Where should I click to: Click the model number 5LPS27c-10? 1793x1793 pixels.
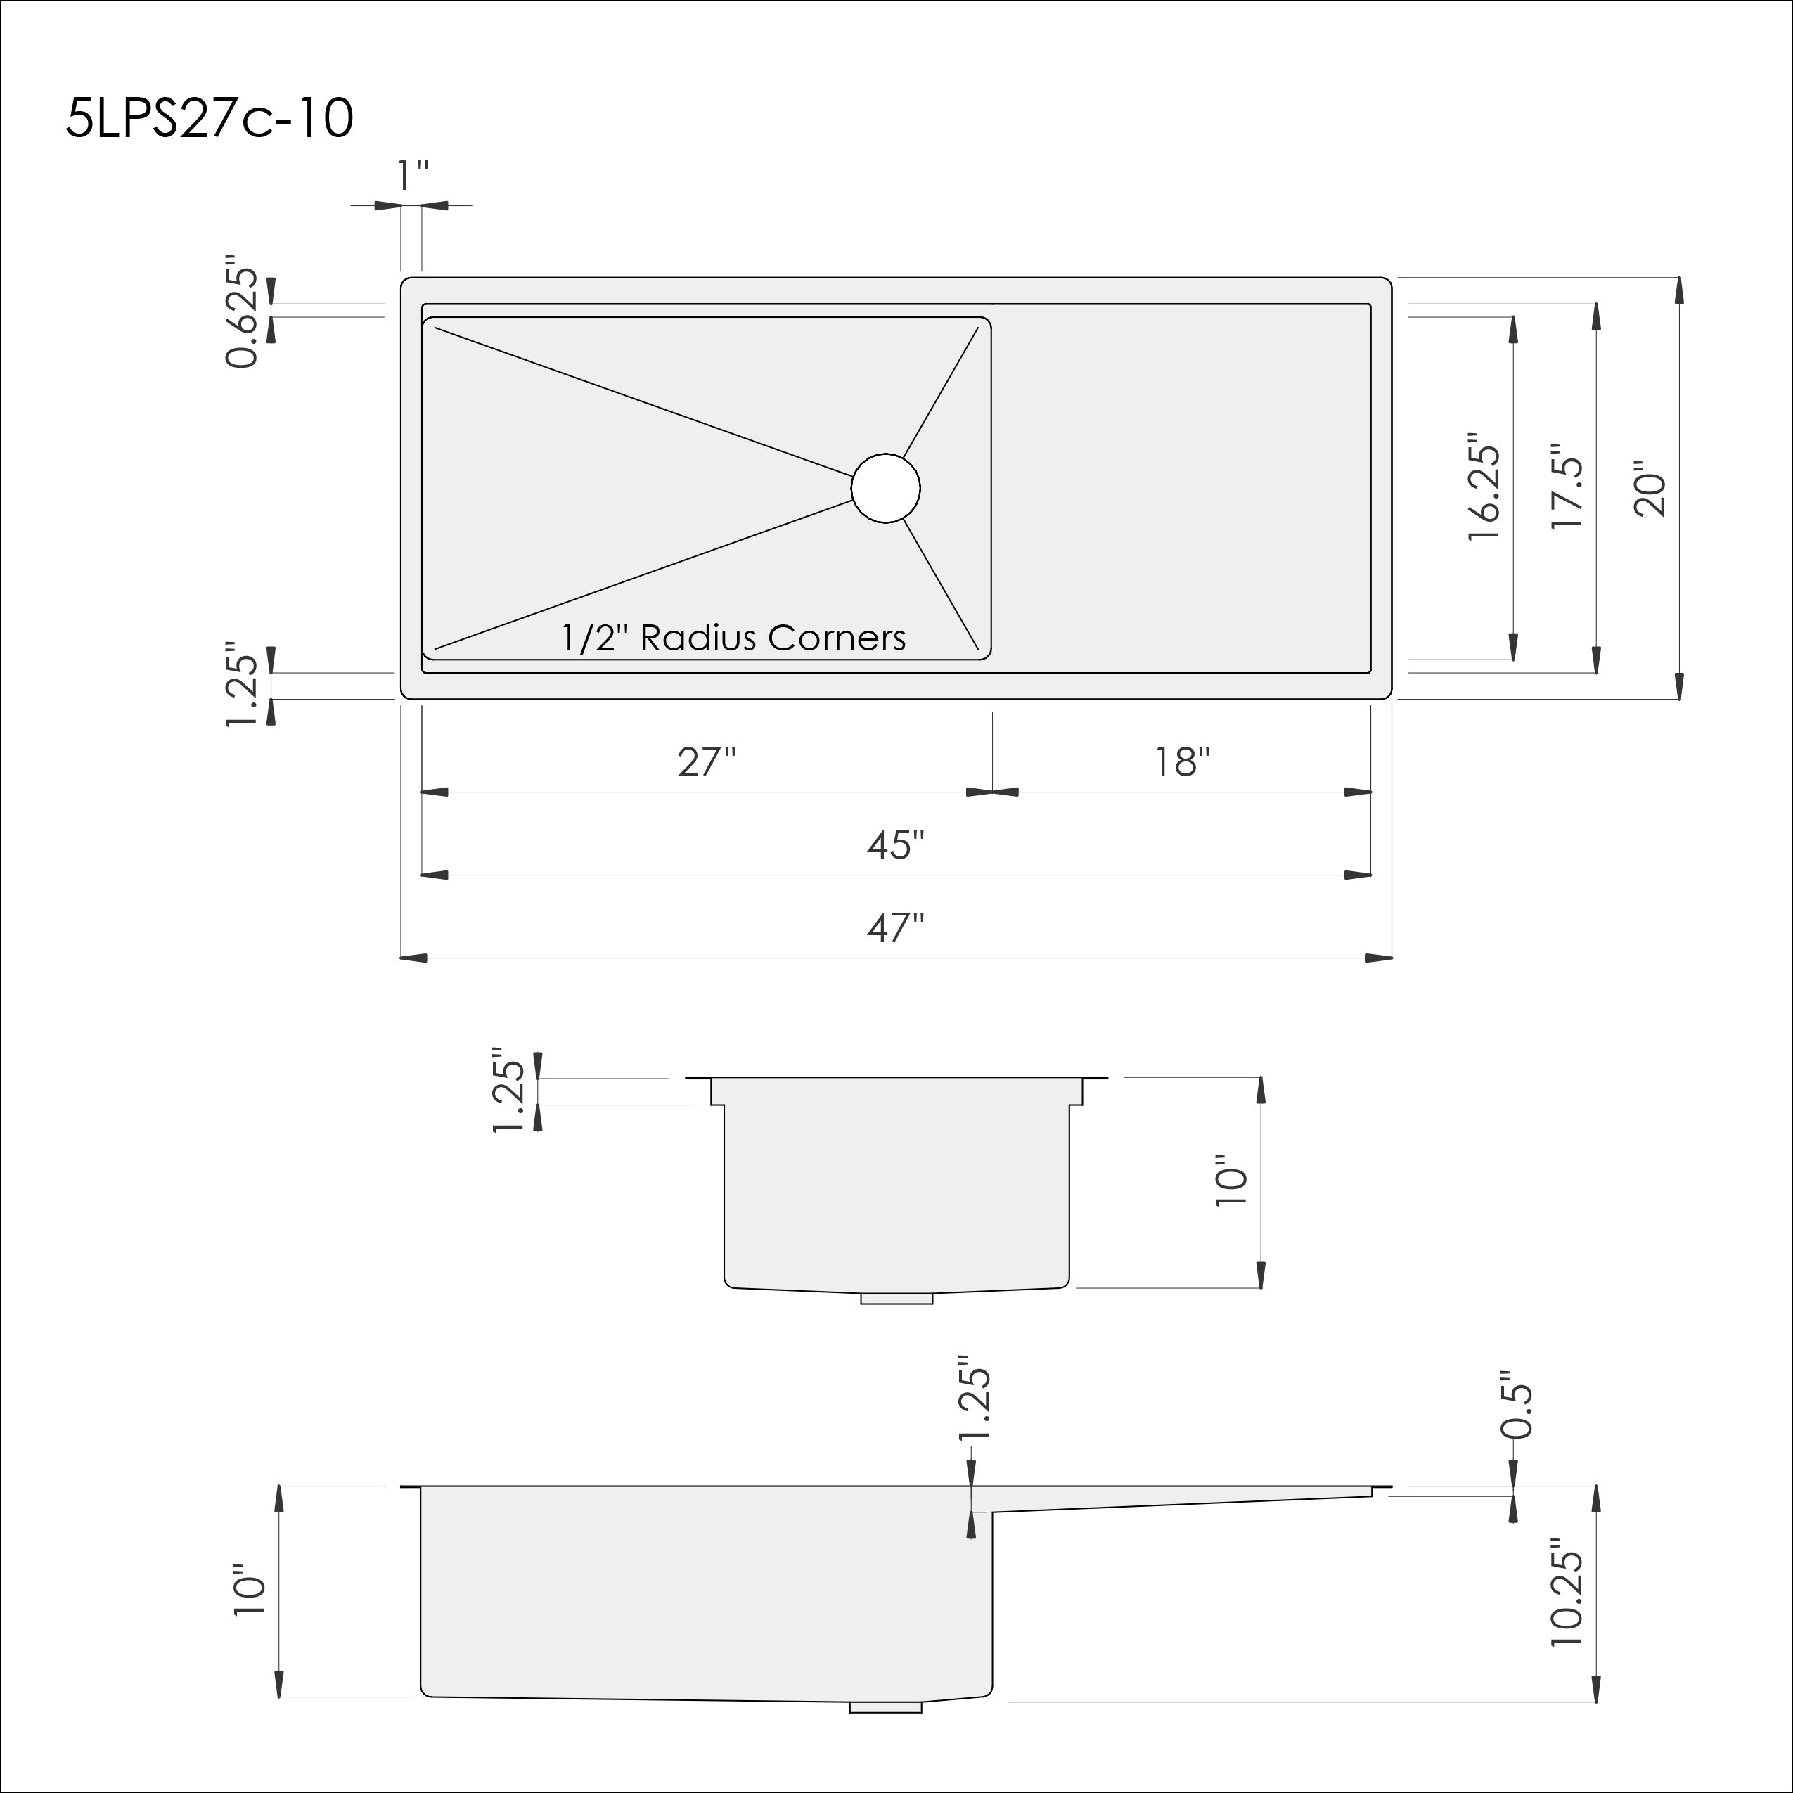coord(210,119)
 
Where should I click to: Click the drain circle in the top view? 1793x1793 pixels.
coord(885,488)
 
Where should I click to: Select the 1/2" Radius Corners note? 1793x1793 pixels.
coord(733,638)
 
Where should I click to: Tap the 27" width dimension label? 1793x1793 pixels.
coord(706,762)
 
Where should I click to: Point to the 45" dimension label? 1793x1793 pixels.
coord(896,844)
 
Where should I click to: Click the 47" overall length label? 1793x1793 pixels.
coord(896,927)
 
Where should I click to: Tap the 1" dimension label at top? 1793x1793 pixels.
coord(412,175)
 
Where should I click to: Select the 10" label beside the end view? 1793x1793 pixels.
coord(1231,1181)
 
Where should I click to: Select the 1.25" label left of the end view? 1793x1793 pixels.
coord(508,1091)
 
